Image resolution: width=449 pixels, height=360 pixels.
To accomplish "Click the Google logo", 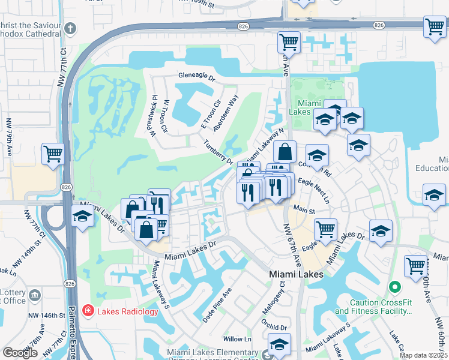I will [20, 353].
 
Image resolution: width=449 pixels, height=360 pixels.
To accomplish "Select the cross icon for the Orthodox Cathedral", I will [70, 28].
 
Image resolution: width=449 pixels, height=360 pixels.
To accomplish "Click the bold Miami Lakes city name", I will [296, 274].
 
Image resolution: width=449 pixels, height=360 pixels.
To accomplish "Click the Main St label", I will [304, 211].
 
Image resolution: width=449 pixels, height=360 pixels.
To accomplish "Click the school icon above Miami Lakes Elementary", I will [278, 345].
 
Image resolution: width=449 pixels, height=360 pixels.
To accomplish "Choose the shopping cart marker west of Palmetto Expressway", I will [53, 154].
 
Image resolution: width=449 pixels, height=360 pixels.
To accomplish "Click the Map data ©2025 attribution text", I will [423, 355].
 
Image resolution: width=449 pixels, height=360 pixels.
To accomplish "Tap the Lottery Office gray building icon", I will [35, 295].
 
